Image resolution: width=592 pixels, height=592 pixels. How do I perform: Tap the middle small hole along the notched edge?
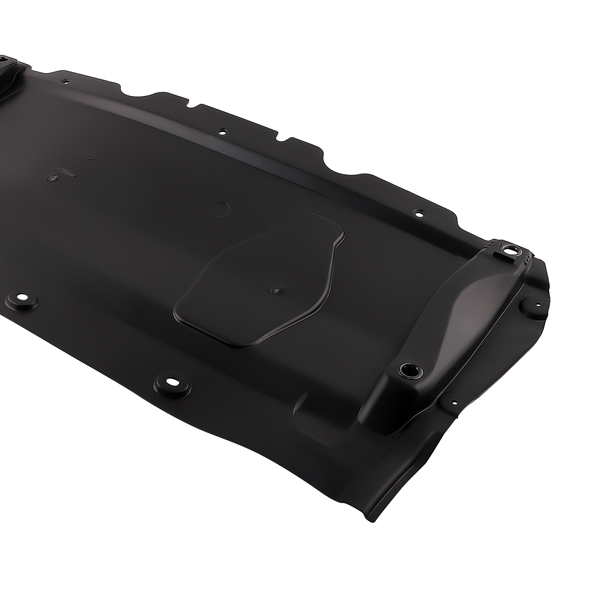(x=222, y=131)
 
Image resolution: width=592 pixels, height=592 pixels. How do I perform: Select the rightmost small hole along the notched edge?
(x=418, y=213)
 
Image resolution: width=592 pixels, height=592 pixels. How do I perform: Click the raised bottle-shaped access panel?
(x=259, y=281)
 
